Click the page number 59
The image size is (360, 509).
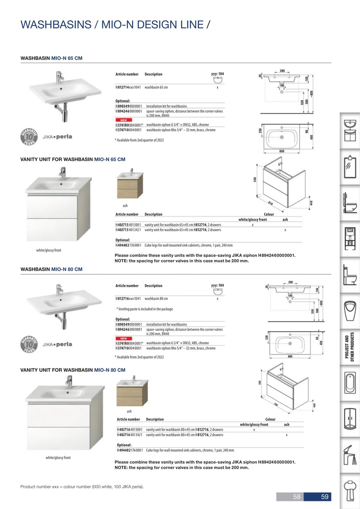click(x=324, y=497)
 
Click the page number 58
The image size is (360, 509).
click(x=297, y=497)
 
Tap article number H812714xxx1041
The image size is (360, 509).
click(x=128, y=87)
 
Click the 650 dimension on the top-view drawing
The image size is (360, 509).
click(x=282, y=151)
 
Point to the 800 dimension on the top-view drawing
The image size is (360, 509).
click(x=290, y=356)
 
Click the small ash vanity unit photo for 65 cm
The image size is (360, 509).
click(x=130, y=185)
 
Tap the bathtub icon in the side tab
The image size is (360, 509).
click(x=350, y=383)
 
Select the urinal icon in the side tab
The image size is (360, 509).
click(x=350, y=311)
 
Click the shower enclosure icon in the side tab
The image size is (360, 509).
click(x=350, y=419)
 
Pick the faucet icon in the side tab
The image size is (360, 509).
click(x=350, y=455)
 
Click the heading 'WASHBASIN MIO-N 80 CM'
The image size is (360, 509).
click(x=51, y=269)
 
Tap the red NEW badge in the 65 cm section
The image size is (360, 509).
click(x=124, y=120)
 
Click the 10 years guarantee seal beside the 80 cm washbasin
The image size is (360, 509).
click(x=29, y=344)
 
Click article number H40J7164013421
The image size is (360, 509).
click(x=129, y=435)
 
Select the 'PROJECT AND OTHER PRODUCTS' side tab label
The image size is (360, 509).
click(x=349, y=347)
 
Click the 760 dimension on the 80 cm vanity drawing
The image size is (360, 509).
click(x=276, y=404)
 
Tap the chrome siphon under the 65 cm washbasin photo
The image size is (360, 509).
click(x=65, y=112)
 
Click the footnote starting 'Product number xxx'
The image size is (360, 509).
click(x=82, y=486)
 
